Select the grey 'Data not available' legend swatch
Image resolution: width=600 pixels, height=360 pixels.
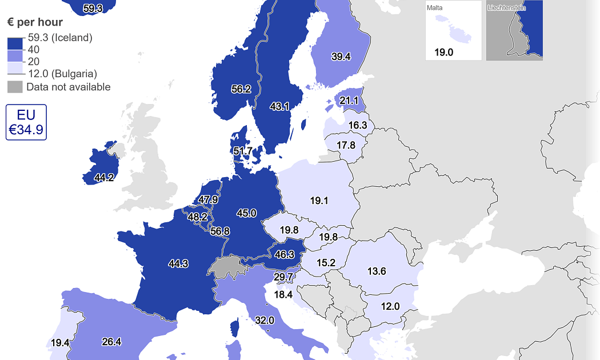(x=15, y=87)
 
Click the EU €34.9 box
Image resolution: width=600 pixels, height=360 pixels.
(x=26, y=122)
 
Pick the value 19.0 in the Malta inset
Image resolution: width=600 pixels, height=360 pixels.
(x=443, y=53)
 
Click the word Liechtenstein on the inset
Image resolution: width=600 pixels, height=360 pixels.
(x=506, y=7)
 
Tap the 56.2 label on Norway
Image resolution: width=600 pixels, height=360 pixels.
(x=241, y=89)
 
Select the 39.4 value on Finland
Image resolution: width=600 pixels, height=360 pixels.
(x=341, y=56)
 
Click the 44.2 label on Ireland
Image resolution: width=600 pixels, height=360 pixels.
(x=104, y=178)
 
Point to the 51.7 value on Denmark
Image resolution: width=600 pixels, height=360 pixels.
(x=243, y=151)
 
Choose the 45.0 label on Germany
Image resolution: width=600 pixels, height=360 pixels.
(x=246, y=213)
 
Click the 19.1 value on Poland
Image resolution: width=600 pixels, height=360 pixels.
(x=319, y=201)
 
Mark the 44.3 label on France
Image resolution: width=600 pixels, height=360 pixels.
(x=178, y=263)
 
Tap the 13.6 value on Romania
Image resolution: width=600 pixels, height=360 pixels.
(x=377, y=271)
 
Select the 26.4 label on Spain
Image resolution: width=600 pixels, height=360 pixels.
(x=111, y=342)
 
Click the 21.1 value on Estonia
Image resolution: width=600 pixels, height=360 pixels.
(x=349, y=101)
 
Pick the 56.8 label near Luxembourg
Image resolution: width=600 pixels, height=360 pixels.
(x=220, y=231)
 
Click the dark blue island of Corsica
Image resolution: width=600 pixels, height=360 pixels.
(x=234, y=329)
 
